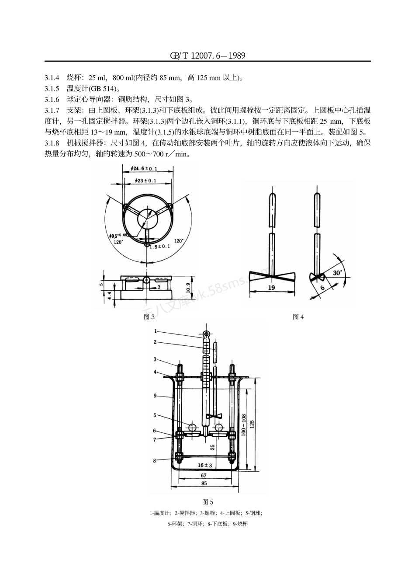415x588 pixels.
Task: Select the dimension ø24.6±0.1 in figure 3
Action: click(x=144, y=168)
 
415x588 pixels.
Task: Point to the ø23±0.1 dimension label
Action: click(x=144, y=180)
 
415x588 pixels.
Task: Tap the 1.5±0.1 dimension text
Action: click(x=159, y=247)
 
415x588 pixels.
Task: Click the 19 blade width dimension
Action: click(x=271, y=288)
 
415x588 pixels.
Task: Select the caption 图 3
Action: click(x=149, y=317)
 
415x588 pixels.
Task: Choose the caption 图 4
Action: click(x=298, y=317)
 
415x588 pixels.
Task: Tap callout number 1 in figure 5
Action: click(x=155, y=331)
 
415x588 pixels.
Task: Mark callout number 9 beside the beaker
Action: click(x=155, y=396)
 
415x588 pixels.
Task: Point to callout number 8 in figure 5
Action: click(x=155, y=460)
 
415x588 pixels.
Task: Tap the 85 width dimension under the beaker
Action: click(x=204, y=484)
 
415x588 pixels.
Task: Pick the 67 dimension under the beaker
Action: click(x=204, y=475)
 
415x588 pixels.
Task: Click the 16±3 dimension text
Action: click(x=204, y=466)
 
